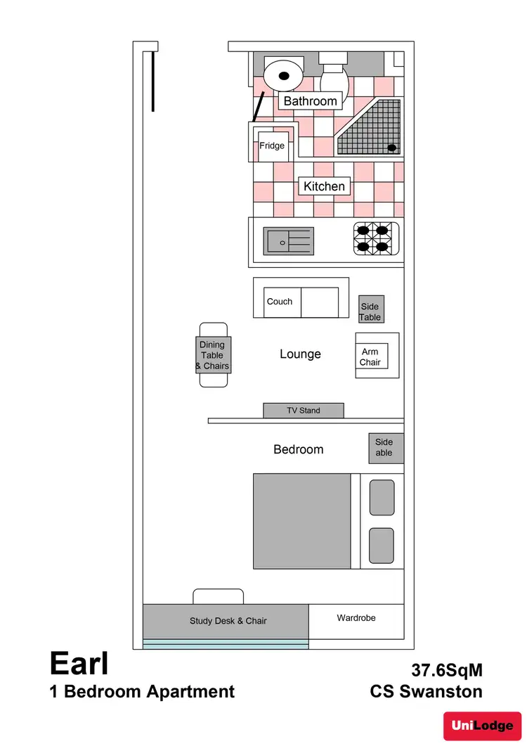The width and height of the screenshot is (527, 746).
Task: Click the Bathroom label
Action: pos(310,101)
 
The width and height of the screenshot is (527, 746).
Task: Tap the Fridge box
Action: pos(272,146)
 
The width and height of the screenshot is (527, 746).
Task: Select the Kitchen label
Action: pos(324,186)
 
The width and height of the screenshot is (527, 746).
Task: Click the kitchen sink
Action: pos(288,241)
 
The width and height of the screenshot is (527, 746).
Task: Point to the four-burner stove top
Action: pos(375,238)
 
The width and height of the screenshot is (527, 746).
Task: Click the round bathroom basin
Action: pos(283,75)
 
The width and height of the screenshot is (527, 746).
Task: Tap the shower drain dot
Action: pos(392,148)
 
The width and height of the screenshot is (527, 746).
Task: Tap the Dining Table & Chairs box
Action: pos(212,355)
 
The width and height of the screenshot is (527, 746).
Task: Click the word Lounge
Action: pos(300,354)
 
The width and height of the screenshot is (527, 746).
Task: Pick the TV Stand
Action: pos(303,411)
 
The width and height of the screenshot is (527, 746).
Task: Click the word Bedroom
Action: pos(299,449)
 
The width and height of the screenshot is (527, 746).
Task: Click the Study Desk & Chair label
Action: pos(228,621)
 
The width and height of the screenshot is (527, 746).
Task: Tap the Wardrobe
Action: pos(356,619)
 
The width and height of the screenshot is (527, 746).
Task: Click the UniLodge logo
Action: pos(482,725)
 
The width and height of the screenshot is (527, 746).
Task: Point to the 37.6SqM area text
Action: pos(447,670)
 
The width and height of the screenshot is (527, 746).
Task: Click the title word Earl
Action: pos(79,663)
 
